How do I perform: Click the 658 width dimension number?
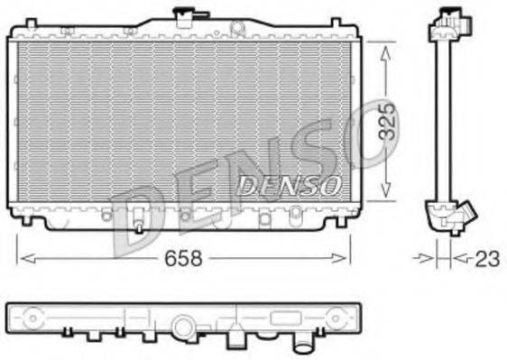[x=184, y=258]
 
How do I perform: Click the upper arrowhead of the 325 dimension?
[x=387, y=52]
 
